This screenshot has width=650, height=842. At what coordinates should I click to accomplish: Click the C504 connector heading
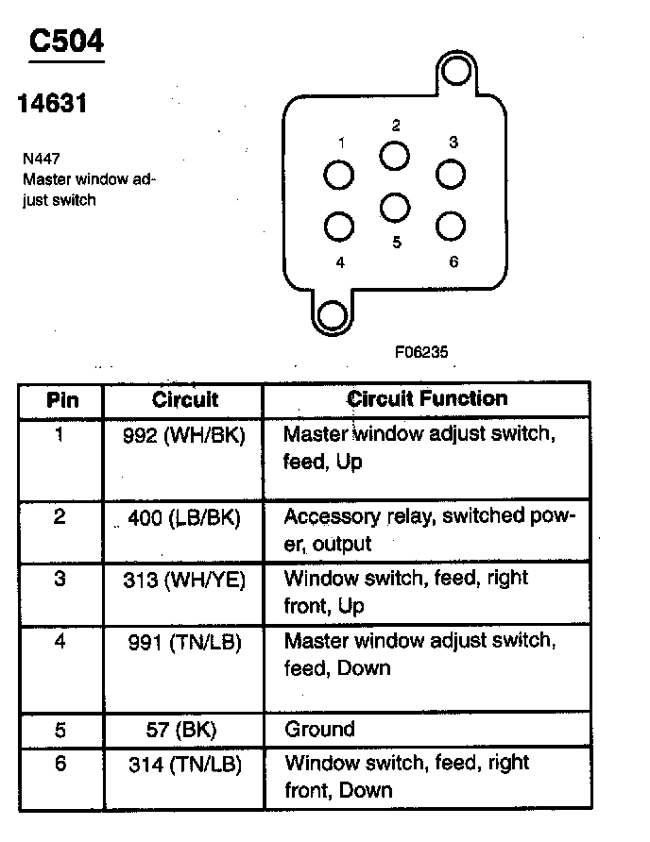coord(66,41)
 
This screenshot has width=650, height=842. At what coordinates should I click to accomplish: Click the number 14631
coord(52,103)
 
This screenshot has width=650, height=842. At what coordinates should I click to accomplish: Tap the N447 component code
coord(42,159)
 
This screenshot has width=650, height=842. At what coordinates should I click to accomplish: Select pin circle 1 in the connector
coord(339,175)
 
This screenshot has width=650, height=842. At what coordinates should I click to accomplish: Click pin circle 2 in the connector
coord(395,156)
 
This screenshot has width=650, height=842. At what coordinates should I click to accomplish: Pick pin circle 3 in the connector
coord(451,174)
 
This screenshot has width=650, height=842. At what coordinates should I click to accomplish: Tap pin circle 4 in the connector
coord(339,226)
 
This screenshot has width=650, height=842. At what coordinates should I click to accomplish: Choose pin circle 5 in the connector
coord(395,208)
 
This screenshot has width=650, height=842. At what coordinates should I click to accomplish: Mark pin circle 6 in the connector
coord(451,226)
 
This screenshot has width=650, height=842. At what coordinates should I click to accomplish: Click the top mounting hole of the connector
coord(456,71)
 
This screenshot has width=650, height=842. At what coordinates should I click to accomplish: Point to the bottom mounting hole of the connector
coord(333,315)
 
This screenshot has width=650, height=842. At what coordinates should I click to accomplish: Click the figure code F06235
coord(421,352)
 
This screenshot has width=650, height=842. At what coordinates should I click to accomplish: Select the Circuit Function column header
coord(427,399)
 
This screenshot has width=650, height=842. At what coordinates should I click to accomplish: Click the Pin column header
coord(62,400)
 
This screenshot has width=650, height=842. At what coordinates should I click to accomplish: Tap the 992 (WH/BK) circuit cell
coord(184,435)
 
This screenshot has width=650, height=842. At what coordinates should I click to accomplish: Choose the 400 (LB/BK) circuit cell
coord(184,517)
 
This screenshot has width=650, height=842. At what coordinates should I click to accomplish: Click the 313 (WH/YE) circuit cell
coord(184,580)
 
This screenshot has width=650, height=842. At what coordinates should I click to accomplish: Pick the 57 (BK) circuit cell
coord(181,730)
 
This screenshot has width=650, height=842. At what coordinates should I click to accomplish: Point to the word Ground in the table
coord(320,729)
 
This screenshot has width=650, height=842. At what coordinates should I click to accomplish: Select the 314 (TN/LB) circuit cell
coord(185,765)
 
